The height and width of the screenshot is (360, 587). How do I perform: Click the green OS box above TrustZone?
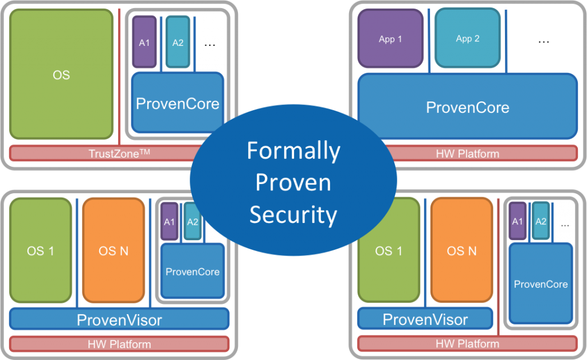pos(61,75)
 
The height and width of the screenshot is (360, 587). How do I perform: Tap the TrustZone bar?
pos(103,153)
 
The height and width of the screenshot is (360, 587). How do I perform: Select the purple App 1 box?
pos(390,39)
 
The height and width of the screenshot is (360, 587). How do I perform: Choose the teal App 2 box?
pos(468,39)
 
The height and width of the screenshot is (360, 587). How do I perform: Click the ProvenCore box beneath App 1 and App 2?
pos(467,107)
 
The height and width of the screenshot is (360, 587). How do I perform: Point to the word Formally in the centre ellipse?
pos(293,151)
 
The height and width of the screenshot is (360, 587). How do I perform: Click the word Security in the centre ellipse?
pos(293,214)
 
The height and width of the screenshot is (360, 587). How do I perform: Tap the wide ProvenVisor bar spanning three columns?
pos(119,319)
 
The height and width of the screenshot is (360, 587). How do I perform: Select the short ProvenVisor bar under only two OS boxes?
pos(425,319)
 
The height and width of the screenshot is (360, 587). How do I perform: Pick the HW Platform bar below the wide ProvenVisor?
pos(119,344)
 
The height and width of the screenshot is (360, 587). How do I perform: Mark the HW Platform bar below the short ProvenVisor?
pos(467,344)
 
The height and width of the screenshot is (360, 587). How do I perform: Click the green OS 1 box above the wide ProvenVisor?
pos(41,251)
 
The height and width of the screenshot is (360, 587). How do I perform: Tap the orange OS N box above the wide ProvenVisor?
pos(114,251)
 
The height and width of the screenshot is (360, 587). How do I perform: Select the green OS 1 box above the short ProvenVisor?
pos(389,251)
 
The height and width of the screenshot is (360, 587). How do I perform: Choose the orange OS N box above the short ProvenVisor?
pos(461,251)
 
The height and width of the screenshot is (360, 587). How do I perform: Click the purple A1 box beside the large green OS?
pos(144,42)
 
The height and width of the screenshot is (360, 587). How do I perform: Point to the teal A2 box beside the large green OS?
pos(178,42)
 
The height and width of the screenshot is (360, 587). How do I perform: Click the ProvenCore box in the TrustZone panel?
pos(177,103)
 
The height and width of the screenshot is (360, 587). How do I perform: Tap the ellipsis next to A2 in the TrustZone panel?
pos(210,44)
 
